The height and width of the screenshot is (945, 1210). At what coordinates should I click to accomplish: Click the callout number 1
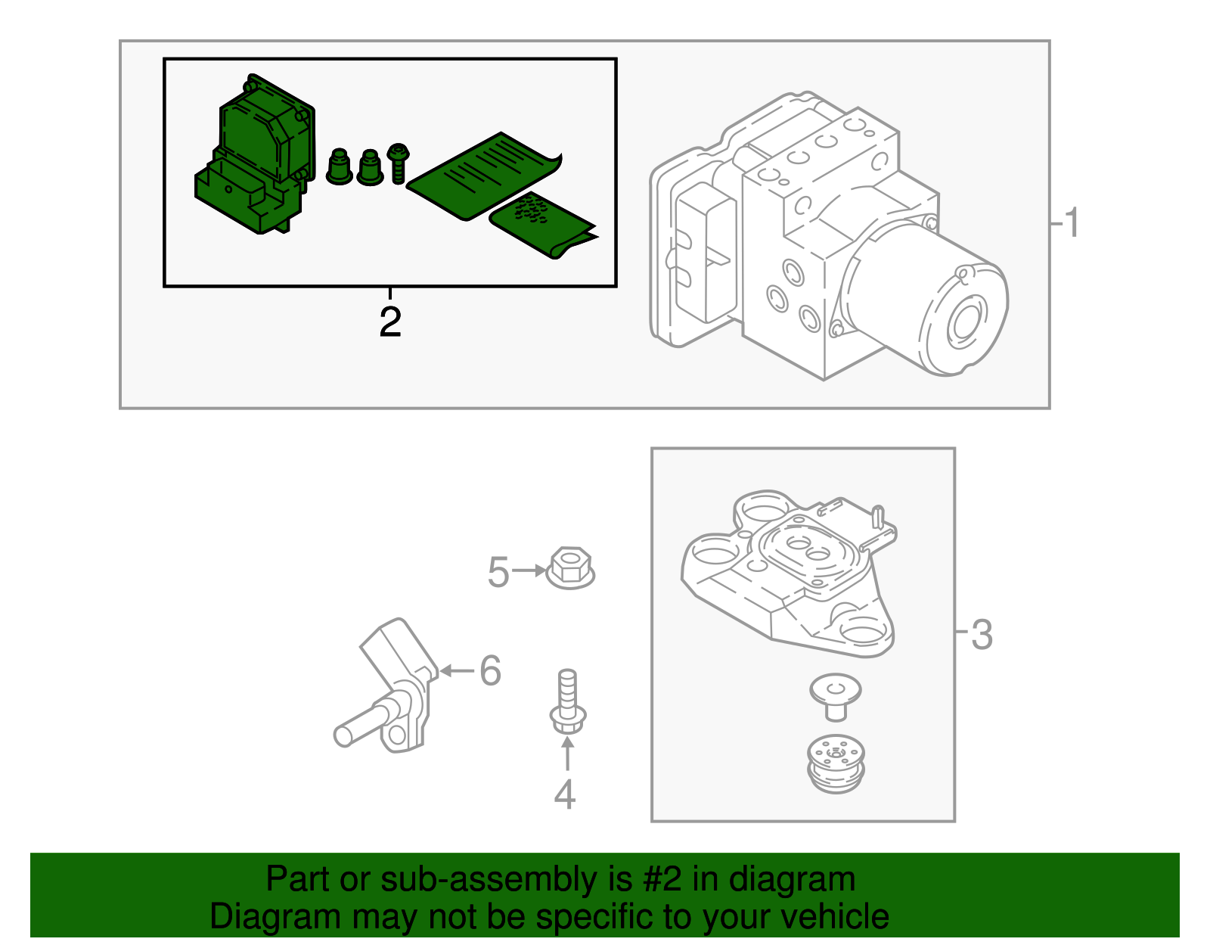(1070, 224)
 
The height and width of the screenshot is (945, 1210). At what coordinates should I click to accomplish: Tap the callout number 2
(389, 323)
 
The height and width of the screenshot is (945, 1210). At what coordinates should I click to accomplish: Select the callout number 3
(981, 634)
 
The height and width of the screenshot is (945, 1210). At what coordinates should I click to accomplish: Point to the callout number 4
(564, 794)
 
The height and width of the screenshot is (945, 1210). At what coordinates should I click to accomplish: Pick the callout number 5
(498, 572)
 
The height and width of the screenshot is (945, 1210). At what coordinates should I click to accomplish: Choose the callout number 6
(490, 670)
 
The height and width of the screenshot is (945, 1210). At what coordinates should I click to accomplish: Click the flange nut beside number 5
(569, 569)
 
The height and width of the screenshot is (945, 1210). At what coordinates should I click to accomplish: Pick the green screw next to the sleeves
(398, 163)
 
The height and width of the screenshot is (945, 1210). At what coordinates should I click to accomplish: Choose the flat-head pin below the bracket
(835, 696)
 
